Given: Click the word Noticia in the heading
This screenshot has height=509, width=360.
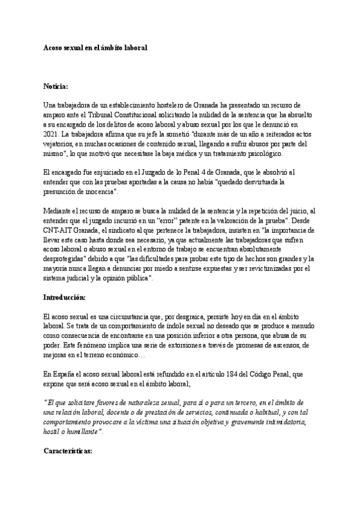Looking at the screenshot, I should (x=56, y=86).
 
